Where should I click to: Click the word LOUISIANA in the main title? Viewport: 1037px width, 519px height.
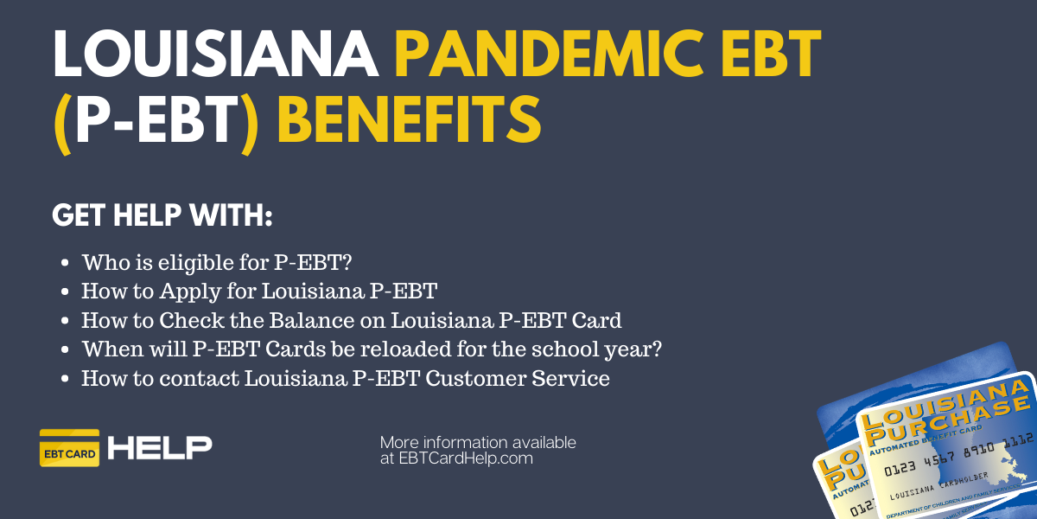[x=216, y=54]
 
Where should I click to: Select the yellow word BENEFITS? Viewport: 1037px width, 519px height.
[x=409, y=119]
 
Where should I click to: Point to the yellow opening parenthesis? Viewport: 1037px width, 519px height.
[x=62, y=124]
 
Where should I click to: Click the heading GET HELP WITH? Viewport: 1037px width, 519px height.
[x=162, y=215]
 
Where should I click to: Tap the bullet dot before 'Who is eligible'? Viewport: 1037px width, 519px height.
[x=65, y=263]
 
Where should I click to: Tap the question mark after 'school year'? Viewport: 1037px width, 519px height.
[x=656, y=349]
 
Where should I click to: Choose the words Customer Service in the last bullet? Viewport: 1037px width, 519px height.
[x=517, y=378]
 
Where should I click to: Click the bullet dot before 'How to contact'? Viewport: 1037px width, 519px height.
[x=65, y=379]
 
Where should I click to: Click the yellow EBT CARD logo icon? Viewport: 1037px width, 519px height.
[x=69, y=448]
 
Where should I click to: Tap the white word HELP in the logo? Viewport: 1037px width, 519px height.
[x=160, y=448]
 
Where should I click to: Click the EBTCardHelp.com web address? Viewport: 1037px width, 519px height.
[x=466, y=458]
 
